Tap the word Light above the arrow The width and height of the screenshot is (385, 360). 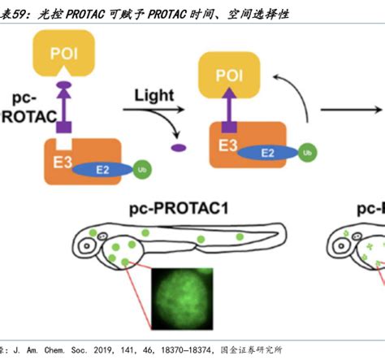pos(149,97)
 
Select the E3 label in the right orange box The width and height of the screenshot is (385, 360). pos(227,145)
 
